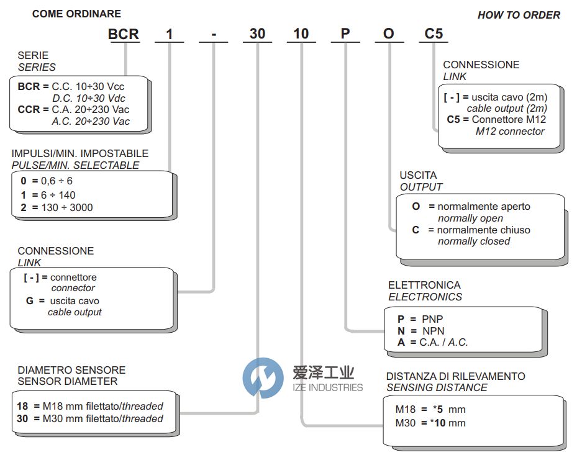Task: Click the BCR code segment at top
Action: tap(124, 34)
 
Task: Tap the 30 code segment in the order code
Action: tap(257, 34)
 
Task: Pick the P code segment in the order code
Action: tap(345, 34)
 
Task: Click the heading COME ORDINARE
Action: tap(76, 14)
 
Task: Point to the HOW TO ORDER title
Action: tap(519, 15)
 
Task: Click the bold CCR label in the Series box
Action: tap(29, 109)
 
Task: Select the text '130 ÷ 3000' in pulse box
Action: tap(68, 207)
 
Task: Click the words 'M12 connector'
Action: tap(510, 131)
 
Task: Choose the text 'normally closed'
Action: tap(474, 241)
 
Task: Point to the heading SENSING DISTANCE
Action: tap(437, 388)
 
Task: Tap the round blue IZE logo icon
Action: tap(263, 378)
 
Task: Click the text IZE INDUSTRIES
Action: tap(327, 387)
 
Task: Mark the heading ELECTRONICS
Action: tap(425, 297)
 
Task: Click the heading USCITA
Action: tap(418, 175)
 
